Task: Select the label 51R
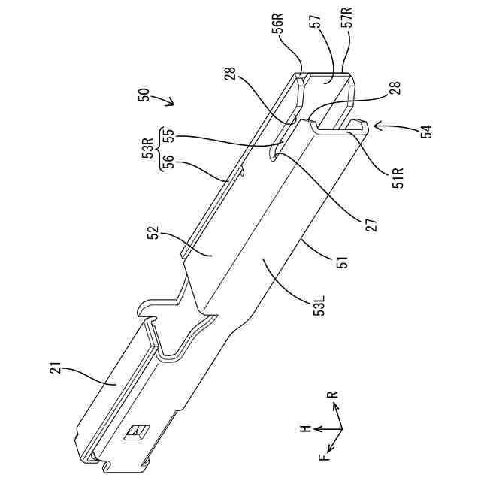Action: coord(398,177)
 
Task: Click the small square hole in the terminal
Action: coord(136,431)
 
